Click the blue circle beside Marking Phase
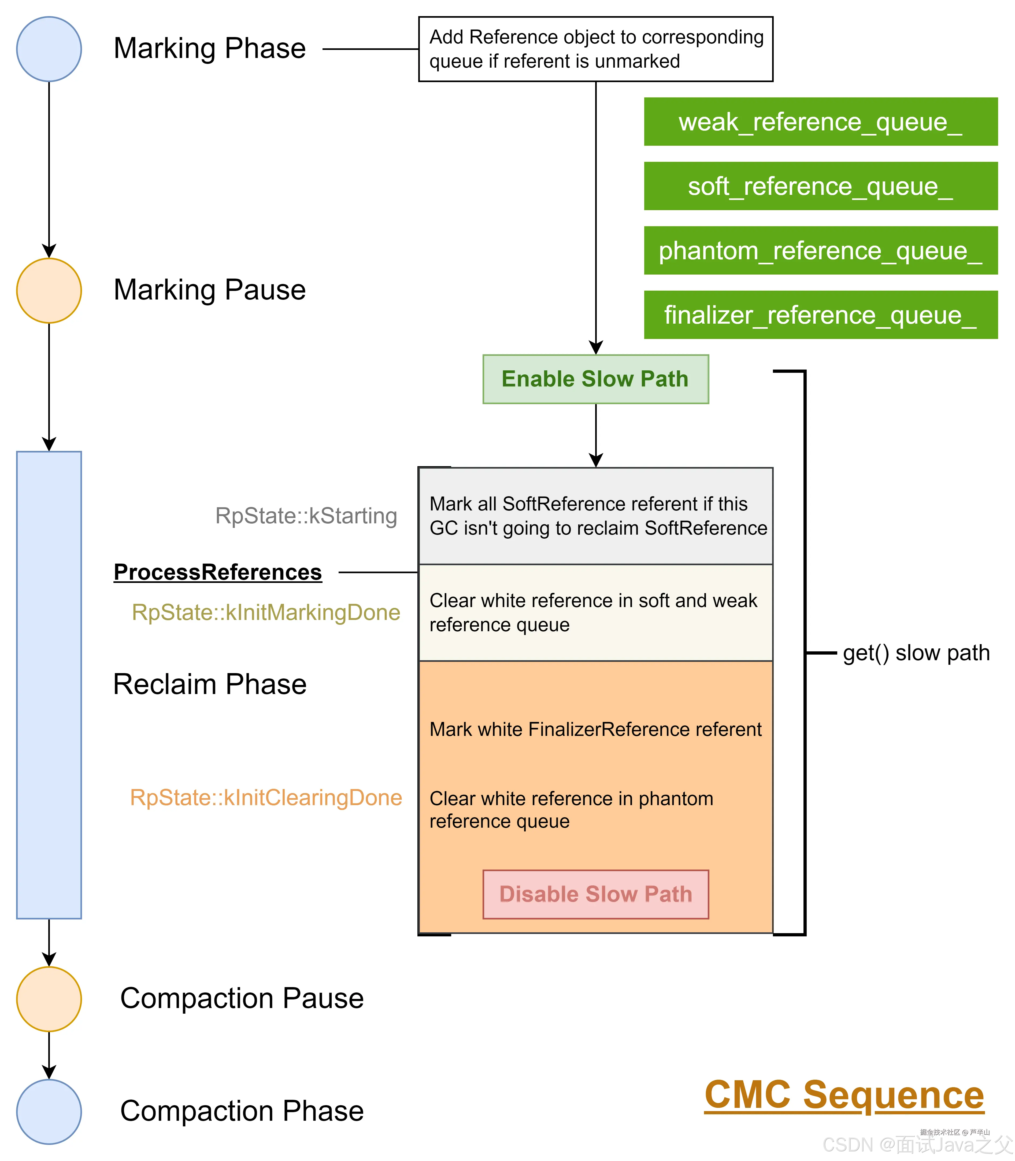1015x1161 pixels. click(x=49, y=49)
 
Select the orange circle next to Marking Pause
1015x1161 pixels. click(x=49, y=290)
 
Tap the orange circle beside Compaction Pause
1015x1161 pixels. click(x=49, y=999)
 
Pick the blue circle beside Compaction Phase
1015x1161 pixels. click(x=49, y=1111)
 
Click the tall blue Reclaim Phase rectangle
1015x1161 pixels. click(x=49, y=685)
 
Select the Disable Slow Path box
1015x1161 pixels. click(x=595, y=894)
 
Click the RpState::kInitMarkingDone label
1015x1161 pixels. click(x=266, y=612)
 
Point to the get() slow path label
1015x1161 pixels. click(x=916, y=653)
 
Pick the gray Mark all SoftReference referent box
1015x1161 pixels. click(x=595, y=516)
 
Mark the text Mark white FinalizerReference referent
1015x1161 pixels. click(x=595, y=729)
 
